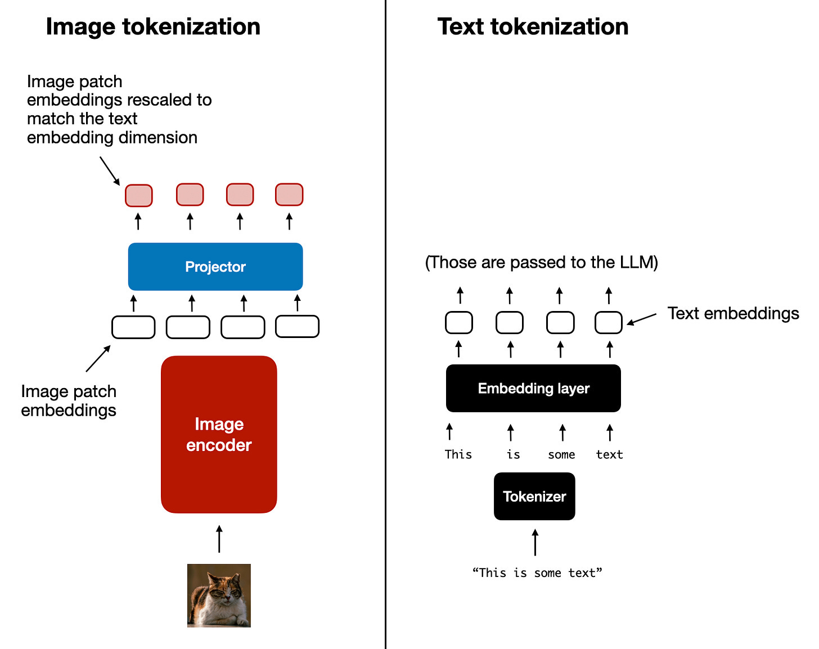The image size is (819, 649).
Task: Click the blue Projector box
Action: click(215, 267)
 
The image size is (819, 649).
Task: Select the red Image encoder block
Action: click(219, 434)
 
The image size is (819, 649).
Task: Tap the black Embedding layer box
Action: click(533, 388)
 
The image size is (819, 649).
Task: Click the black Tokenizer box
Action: click(534, 496)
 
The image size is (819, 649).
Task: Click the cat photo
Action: click(219, 596)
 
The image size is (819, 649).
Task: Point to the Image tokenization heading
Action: click(153, 26)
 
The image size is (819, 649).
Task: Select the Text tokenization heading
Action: click(533, 26)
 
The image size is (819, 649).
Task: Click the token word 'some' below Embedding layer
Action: click(561, 454)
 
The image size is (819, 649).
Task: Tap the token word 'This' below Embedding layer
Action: click(458, 454)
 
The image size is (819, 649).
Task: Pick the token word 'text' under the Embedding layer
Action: click(609, 454)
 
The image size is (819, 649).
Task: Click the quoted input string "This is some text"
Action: click(537, 573)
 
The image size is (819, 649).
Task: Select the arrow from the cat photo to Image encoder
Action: click(219, 539)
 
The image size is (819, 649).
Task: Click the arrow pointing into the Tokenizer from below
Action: click(535, 542)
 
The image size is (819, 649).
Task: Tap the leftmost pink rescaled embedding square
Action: click(138, 195)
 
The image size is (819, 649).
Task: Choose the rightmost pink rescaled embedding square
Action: click(289, 195)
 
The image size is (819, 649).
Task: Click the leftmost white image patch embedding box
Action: click(133, 327)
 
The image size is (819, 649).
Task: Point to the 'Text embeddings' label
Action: click(733, 313)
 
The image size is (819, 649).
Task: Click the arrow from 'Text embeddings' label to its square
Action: click(642, 319)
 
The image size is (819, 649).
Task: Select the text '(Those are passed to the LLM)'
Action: click(541, 262)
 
